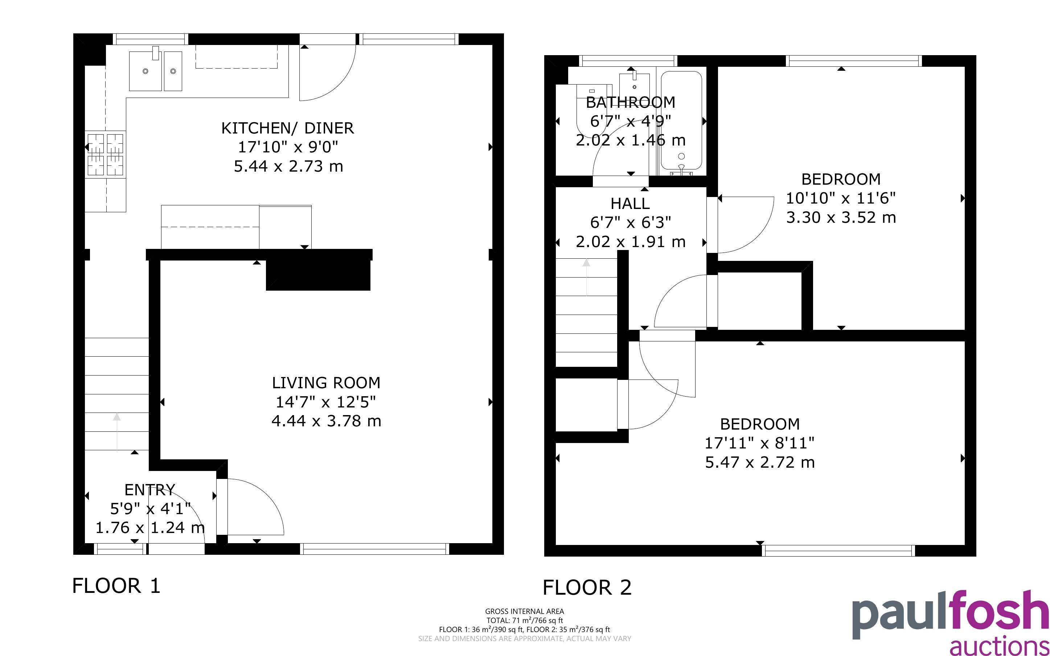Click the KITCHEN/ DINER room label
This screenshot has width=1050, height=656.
click(x=288, y=128)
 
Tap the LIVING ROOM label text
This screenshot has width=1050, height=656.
click(x=326, y=383)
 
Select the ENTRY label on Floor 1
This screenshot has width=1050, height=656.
click(x=149, y=490)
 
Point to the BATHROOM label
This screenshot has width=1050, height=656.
click(x=631, y=102)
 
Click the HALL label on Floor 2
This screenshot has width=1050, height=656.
click(x=630, y=204)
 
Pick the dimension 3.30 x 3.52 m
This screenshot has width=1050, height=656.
click(x=841, y=217)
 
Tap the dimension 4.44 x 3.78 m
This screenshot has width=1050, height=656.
click(x=326, y=421)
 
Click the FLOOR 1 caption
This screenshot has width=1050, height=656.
click(x=116, y=586)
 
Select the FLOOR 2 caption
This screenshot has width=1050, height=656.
click(x=587, y=587)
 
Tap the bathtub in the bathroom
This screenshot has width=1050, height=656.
click(x=681, y=122)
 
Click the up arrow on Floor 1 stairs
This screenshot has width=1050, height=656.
click(x=117, y=432)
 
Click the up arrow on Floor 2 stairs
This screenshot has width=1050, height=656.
click(x=586, y=278)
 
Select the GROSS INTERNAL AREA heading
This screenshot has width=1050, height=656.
click(x=525, y=611)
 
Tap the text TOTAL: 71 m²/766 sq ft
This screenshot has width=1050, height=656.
click(x=525, y=620)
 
